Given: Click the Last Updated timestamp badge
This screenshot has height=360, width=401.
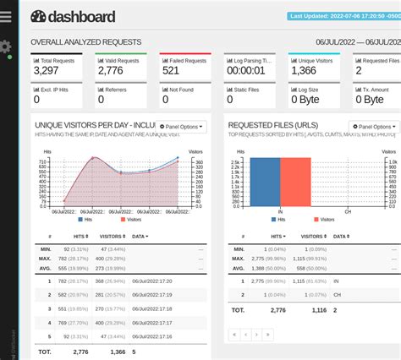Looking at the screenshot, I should coord(343,15).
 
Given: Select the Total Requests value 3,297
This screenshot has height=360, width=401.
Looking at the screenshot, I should coord(46,71).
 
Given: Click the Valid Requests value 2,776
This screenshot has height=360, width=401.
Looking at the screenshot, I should coord(110,71).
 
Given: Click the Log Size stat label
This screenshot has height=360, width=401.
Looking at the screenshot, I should coord(308,88).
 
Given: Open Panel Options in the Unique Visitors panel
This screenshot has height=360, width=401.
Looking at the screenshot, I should coord(181,127).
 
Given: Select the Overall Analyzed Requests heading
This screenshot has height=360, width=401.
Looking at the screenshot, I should coord(85,42).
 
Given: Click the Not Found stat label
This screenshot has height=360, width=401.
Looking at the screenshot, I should coord(180,88).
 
